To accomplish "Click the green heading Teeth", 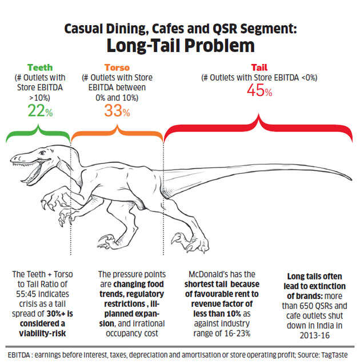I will (x=39, y=67).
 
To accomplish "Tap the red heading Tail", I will (x=259, y=67).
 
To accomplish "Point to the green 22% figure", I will (x=39, y=111).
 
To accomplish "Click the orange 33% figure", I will (x=117, y=112).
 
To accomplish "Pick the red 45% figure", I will (x=259, y=91).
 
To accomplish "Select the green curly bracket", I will (x=37, y=136).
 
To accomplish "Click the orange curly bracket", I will (x=117, y=136).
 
